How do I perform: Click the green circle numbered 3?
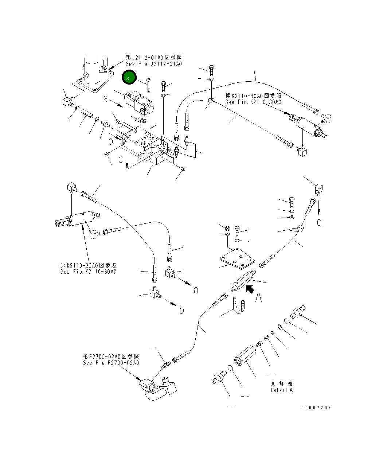click(x=129, y=77)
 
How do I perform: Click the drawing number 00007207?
click(x=316, y=408)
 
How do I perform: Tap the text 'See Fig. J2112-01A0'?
click(x=154, y=64)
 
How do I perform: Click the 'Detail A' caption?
click(x=282, y=390)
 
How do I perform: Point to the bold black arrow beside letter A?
click(x=250, y=289)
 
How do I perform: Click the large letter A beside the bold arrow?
click(x=258, y=297)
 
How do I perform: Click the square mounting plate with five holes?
click(x=237, y=259)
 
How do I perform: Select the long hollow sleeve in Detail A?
click(x=245, y=356)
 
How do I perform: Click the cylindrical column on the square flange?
click(x=92, y=69)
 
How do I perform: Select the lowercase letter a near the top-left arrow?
click(x=106, y=99)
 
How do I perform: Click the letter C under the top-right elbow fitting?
click(x=319, y=222)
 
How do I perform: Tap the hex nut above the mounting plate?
click(x=227, y=228)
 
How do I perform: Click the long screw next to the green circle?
click(x=149, y=86)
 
